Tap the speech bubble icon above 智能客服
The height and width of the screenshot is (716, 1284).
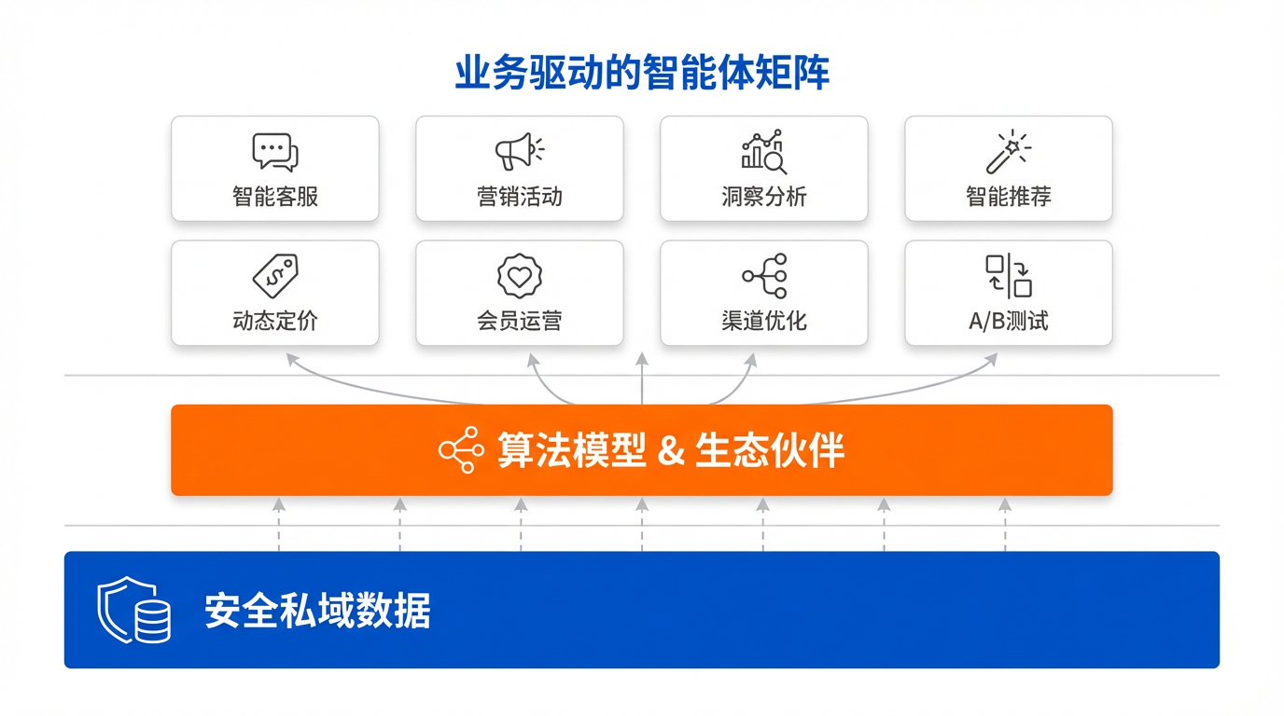click(x=274, y=152)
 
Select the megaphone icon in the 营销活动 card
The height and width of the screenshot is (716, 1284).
click(x=519, y=151)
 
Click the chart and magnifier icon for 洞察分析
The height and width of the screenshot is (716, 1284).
click(x=764, y=152)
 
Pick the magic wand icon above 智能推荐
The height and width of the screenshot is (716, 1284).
click(x=1008, y=152)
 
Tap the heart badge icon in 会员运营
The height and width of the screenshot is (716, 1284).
click(x=520, y=276)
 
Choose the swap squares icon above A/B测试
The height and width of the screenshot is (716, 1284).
click(x=1009, y=276)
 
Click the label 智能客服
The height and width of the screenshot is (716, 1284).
click(x=275, y=197)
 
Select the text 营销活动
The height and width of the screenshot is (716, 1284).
click(x=520, y=197)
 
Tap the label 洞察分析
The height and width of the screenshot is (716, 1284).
click(x=764, y=197)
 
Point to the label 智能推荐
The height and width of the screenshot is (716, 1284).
click(x=1009, y=197)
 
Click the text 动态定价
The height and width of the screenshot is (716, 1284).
click(x=275, y=322)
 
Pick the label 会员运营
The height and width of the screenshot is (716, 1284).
click(x=520, y=322)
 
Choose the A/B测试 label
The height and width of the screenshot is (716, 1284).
click(x=1009, y=322)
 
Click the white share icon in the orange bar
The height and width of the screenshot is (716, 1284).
click(x=461, y=450)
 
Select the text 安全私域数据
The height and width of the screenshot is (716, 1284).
click(x=317, y=612)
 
